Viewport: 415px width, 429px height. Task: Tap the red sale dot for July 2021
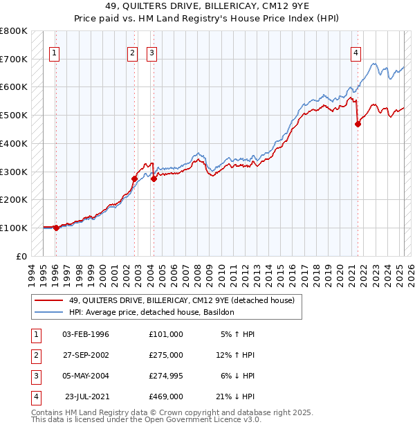358,125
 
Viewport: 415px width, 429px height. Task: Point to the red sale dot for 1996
55,228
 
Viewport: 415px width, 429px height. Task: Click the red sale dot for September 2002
135,179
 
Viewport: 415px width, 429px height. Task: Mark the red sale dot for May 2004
154,179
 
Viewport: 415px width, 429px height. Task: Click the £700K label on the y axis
14,60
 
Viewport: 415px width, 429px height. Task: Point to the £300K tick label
14,172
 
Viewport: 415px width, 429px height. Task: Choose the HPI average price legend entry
151,312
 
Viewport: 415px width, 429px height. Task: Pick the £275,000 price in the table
165,355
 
